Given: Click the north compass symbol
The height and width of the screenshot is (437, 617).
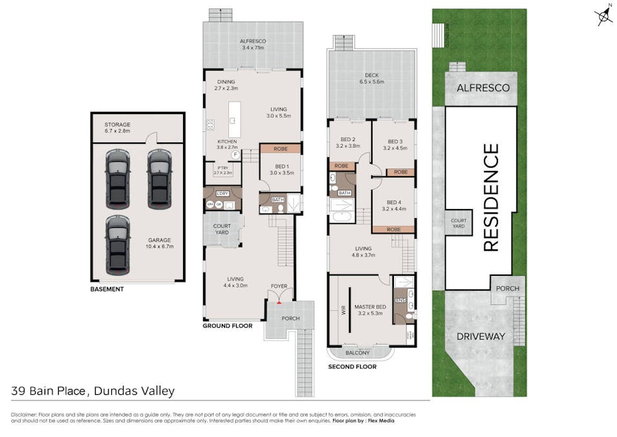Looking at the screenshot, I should tap(605, 16).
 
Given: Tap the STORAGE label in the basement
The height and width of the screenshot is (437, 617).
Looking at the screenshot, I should tap(118, 124).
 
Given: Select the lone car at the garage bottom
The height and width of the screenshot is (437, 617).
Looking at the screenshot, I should tap(118, 244).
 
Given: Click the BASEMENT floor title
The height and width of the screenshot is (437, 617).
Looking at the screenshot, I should tap(107, 289).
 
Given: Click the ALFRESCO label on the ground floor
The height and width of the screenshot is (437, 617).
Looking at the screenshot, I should tap(253, 41).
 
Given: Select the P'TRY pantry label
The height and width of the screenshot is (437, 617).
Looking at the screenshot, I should tap(222, 170).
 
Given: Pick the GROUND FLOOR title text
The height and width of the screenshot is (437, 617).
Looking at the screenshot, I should tap(227, 326).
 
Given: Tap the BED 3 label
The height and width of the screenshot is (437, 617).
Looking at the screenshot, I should tap(395, 142).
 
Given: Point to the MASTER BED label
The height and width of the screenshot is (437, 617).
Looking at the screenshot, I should tap(371, 309).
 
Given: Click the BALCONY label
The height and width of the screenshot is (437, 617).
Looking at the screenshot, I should tap(358, 353).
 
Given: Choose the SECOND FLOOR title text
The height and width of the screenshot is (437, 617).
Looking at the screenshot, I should tap(352, 367).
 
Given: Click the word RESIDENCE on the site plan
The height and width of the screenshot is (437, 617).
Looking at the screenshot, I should tap(492, 197).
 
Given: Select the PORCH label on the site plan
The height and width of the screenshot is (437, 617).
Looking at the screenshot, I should tap(508, 289).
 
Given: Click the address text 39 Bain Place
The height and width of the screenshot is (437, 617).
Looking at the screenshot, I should tap(50, 391).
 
